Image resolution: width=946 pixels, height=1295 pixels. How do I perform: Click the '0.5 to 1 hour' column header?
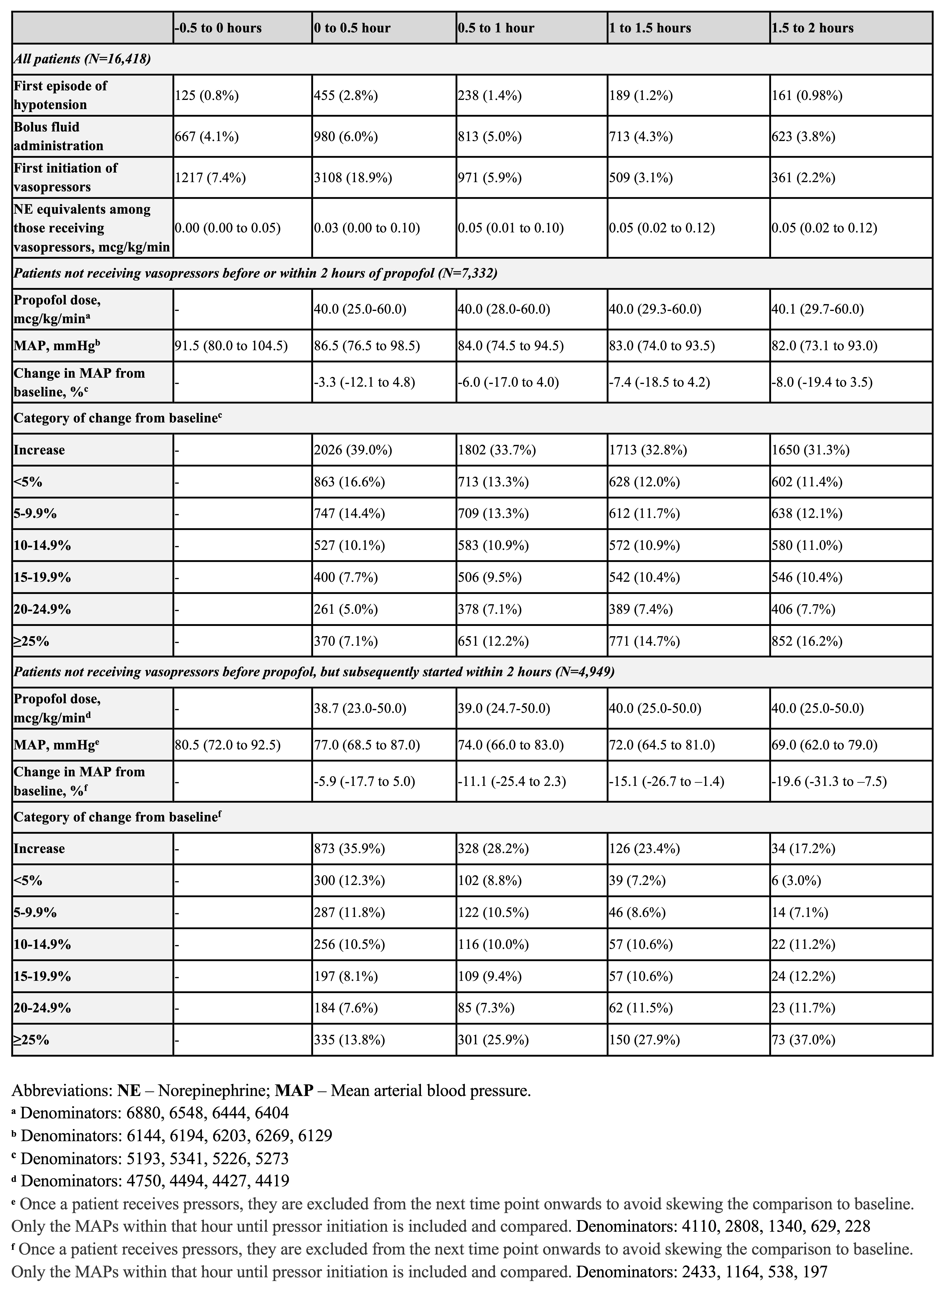(x=496, y=28)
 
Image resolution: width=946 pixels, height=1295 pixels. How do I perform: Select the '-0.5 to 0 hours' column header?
(x=218, y=28)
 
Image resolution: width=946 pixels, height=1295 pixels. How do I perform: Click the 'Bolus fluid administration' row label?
(x=58, y=136)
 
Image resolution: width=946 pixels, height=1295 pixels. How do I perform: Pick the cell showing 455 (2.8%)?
(x=346, y=96)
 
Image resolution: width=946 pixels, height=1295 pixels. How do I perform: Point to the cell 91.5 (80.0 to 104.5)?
(x=231, y=346)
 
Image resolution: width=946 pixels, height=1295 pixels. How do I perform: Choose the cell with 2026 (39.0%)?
(x=353, y=450)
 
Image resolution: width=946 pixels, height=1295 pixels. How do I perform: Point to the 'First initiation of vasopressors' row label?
(x=65, y=178)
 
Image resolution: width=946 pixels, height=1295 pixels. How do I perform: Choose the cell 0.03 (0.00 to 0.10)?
(x=366, y=228)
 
